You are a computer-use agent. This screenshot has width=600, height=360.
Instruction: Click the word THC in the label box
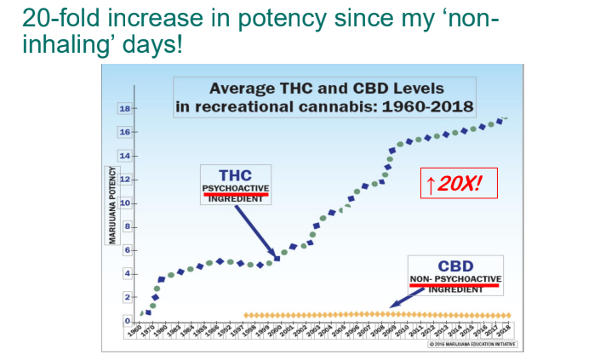[x=235, y=174]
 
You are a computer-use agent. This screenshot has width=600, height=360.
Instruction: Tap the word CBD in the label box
[x=455, y=266]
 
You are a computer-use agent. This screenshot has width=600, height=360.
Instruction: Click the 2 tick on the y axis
[x=124, y=297]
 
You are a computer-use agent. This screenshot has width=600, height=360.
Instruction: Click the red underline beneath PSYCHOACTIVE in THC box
[x=235, y=194]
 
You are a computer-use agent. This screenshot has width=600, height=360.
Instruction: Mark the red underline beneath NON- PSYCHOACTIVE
[x=455, y=285]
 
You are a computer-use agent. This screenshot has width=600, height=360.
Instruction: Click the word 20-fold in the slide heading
[x=59, y=18]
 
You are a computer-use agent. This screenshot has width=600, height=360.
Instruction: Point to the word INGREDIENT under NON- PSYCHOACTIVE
[x=455, y=290]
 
